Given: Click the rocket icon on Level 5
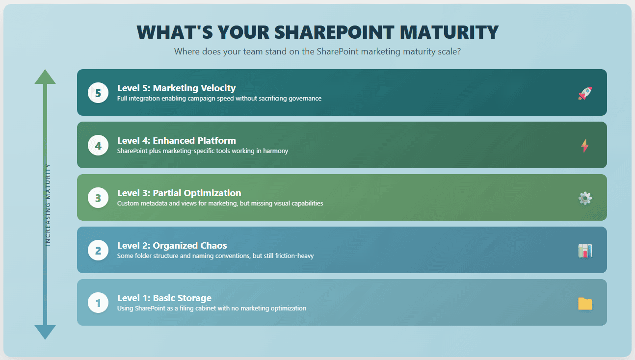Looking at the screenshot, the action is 585,93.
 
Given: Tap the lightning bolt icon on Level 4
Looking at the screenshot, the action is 585,146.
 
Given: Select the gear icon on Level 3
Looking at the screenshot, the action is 585,198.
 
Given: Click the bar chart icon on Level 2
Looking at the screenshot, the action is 585,251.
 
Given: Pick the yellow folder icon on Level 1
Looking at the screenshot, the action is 585,304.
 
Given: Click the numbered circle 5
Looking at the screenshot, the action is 98,93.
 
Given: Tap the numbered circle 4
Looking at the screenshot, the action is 98,145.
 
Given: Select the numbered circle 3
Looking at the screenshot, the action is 98,198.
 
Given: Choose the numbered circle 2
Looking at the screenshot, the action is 98,250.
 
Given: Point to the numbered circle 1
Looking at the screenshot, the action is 98,303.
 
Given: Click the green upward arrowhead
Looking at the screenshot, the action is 45,77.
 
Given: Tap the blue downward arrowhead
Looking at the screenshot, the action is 45,332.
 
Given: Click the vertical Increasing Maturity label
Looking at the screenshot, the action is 48,205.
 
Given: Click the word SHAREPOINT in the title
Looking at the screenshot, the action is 334,32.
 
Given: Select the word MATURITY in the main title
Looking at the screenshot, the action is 450,32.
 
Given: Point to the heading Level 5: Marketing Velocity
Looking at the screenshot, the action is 176,88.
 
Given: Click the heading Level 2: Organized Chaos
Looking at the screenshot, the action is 172,246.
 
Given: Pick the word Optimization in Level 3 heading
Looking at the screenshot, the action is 211,193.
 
